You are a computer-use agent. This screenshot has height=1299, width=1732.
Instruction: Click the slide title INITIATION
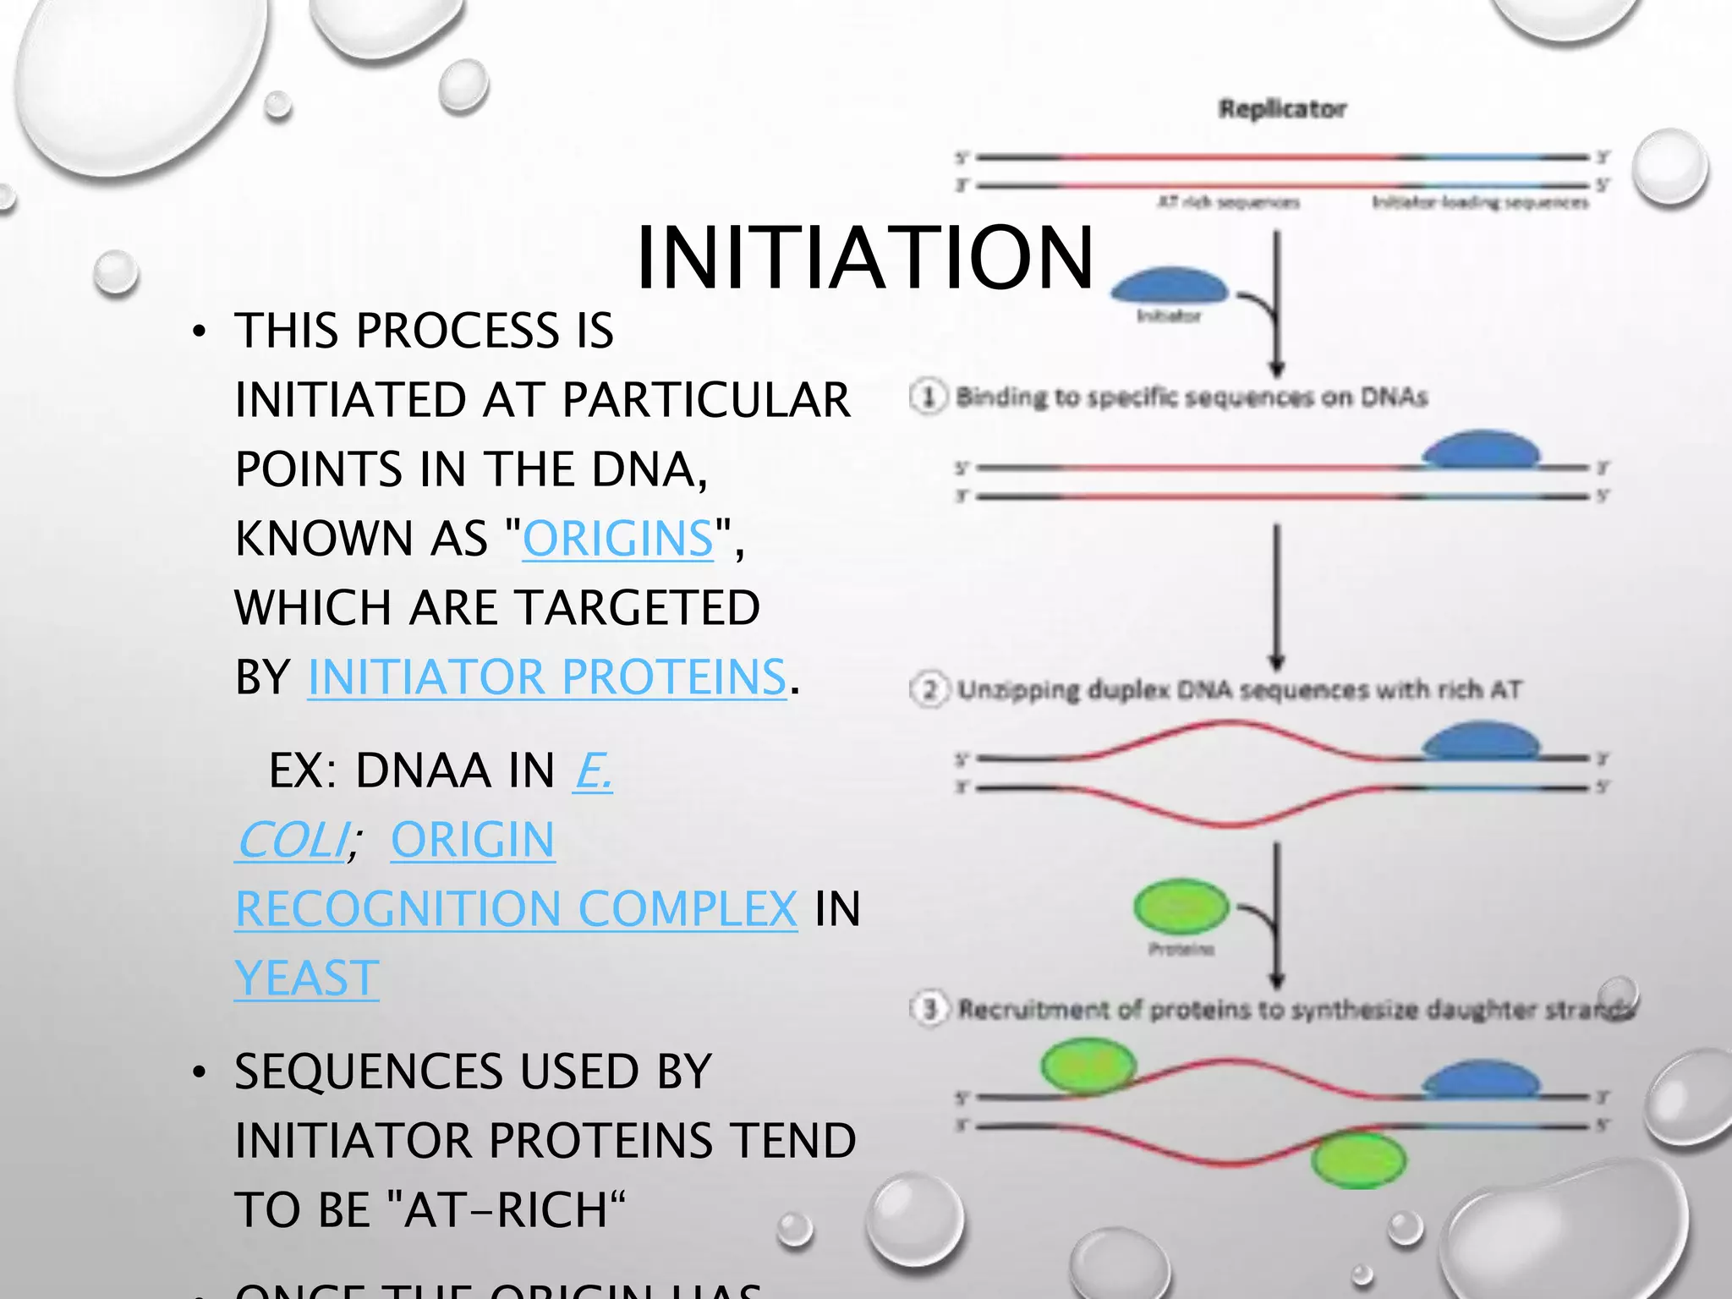(864, 257)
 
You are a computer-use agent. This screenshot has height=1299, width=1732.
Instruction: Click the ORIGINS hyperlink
(617, 539)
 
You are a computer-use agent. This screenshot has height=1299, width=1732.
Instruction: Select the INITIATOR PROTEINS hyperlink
(546, 677)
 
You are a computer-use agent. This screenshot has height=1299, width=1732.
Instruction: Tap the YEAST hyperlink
(306, 978)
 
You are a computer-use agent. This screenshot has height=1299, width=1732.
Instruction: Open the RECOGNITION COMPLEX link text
(516, 909)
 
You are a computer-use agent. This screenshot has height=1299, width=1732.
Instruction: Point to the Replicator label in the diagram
(1282, 109)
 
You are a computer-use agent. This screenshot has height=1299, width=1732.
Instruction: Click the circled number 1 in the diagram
(929, 397)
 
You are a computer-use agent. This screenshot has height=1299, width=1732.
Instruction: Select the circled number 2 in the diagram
(929, 690)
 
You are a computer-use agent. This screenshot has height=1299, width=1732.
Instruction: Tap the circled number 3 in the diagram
(930, 1009)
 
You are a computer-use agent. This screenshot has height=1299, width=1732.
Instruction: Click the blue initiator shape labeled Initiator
(1169, 286)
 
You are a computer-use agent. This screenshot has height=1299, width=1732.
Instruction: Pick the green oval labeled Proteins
(1181, 907)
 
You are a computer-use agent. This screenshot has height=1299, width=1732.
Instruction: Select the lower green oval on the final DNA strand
(1358, 1160)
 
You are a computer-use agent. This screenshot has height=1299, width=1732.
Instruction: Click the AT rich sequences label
(1228, 202)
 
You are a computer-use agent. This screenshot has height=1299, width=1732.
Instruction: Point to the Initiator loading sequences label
(1480, 202)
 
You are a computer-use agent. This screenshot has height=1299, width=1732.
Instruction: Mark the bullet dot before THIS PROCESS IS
(199, 332)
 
